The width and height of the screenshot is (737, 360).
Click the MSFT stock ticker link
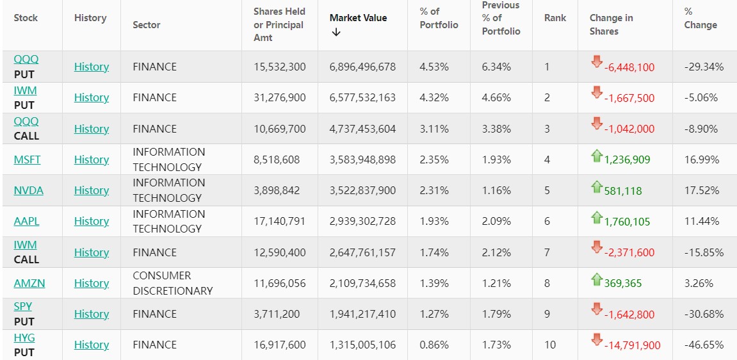[x=27, y=160]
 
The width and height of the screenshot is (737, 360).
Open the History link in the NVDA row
[x=92, y=190]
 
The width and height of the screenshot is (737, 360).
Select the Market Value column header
[x=358, y=18]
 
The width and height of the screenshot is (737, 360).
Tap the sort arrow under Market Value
[x=336, y=33]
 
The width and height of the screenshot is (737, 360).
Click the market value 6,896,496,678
[x=362, y=67]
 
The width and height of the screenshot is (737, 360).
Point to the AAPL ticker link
[x=26, y=221]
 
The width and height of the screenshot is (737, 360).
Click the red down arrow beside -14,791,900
[x=597, y=339]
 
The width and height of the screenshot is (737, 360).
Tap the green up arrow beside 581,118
[x=597, y=187]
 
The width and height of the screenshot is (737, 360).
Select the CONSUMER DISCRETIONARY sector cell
[x=172, y=283]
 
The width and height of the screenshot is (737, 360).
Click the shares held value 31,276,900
[x=280, y=97]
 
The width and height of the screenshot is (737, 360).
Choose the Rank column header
[x=555, y=18]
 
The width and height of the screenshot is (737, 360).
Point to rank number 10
[x=550, y=345]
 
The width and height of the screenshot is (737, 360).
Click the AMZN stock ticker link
[x=29, y=283]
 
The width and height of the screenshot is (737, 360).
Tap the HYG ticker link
[x=24, y=338]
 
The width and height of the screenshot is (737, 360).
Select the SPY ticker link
[x=23, y=307]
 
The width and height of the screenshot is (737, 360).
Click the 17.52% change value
[x=701, y=190]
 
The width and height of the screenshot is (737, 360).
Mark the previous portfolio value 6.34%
[x=496, y=67]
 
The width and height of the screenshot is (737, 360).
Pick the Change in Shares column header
[x=611, y=24]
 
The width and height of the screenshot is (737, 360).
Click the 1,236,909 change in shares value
[x=627, y=160]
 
